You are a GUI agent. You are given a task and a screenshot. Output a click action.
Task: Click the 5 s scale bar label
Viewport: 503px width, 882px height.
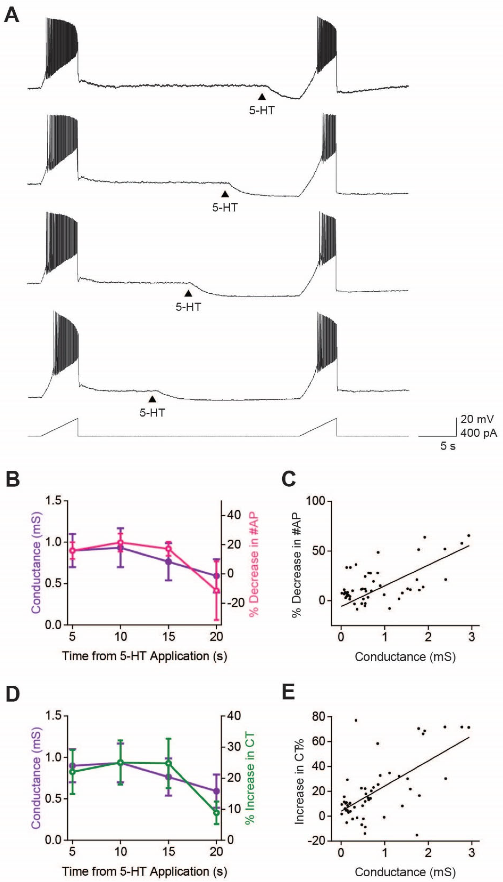(x=448, y=446)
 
